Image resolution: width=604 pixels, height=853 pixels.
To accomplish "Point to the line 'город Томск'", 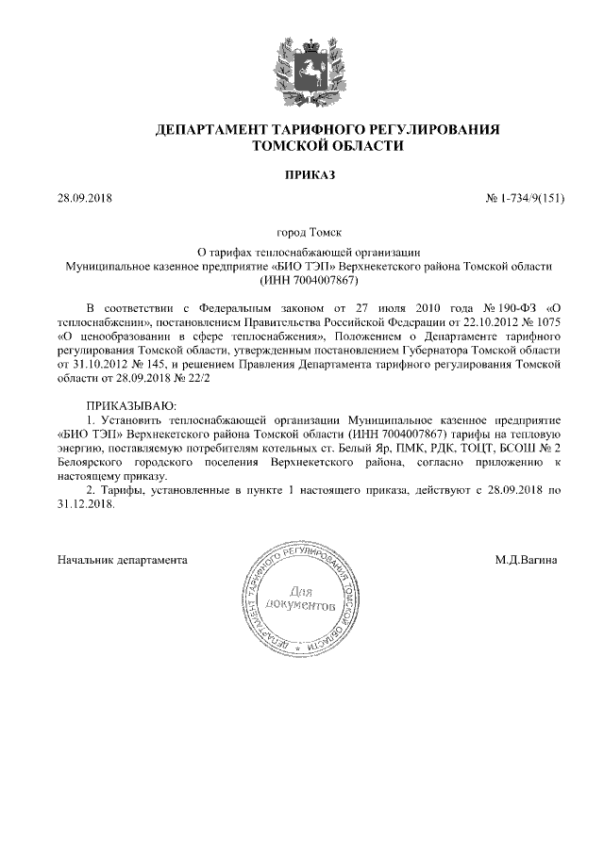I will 302,231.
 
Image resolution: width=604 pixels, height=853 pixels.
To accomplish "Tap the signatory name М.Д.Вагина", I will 526,560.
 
